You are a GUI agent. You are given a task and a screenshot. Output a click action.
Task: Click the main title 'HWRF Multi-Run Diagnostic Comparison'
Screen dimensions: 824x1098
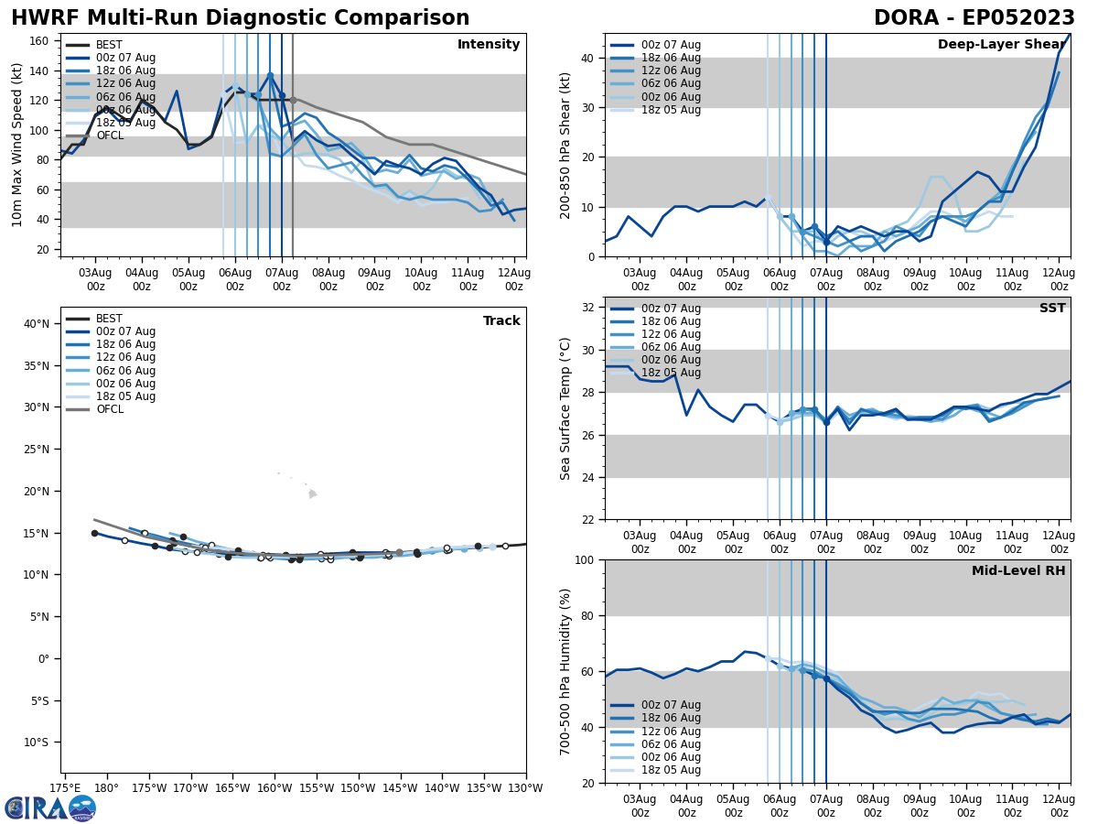coord(240,18)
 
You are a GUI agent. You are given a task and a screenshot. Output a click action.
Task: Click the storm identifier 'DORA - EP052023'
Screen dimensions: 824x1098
coord(974,18)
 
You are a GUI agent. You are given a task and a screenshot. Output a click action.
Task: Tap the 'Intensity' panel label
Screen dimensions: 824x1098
coord(489,45)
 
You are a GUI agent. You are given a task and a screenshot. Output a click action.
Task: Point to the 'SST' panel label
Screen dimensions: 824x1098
coord(1052,309)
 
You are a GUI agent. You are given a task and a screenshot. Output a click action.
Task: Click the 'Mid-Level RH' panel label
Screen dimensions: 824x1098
coord(1018,571)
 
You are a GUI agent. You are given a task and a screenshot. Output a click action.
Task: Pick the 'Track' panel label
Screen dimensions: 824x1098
coord(501,321)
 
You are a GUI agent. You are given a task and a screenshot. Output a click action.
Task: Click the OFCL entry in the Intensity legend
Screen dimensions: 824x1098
coord(110,136)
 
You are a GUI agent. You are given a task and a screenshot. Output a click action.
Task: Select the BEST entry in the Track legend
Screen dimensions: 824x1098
coord(109,319)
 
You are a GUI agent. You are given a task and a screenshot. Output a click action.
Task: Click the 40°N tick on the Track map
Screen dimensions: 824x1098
coord(38,323)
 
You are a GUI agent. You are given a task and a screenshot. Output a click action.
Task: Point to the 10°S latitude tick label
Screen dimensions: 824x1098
coord(38,743)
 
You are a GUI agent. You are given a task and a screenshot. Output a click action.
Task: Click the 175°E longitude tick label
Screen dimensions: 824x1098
coord(64,787)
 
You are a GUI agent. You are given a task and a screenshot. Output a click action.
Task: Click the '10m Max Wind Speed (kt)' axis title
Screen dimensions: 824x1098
coord(16,145)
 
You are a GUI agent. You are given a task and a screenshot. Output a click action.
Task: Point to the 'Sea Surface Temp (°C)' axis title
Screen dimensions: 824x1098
coord(566,408)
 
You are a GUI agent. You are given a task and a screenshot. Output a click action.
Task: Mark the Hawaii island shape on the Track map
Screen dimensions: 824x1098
coord(312,494)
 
